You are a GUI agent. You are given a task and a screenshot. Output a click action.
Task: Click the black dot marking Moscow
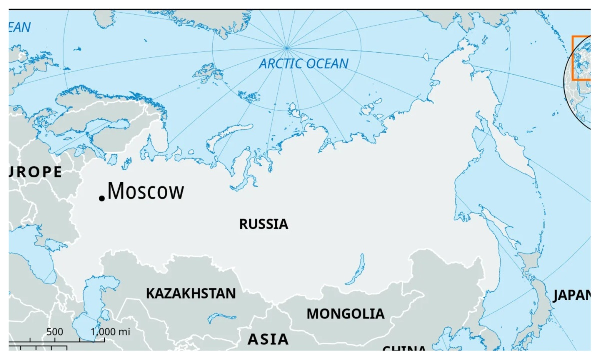pyautogui.click(x=102, y=198)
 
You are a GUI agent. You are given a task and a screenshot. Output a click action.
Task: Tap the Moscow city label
pyautogui.click(x=146, y=191)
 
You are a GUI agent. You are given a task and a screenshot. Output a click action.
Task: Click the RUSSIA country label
pyautogui.click(x=264, y=224)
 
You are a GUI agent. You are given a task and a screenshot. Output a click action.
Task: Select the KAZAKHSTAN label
pyautogui.click(x=190, y=293)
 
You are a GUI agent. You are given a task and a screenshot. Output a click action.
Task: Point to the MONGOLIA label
pyautogui.click(x=345, y=314)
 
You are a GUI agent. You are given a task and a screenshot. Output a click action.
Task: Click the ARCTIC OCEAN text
pyautogui.click(x=304, y=64)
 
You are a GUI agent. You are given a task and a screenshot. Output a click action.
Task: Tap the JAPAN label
pyautogui.click(x=572, y=296)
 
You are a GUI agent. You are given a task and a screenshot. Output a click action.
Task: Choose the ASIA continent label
pyautogui.click(x=268, y=339)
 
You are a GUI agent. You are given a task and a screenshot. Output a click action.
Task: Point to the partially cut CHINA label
pyautogui.click(x=405, y=348)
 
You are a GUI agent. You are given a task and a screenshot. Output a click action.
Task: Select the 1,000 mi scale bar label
pyautogui.click(x=110, y=332)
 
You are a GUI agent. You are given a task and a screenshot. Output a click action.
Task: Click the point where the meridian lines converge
pyautogui.click(x=286, y=48)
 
